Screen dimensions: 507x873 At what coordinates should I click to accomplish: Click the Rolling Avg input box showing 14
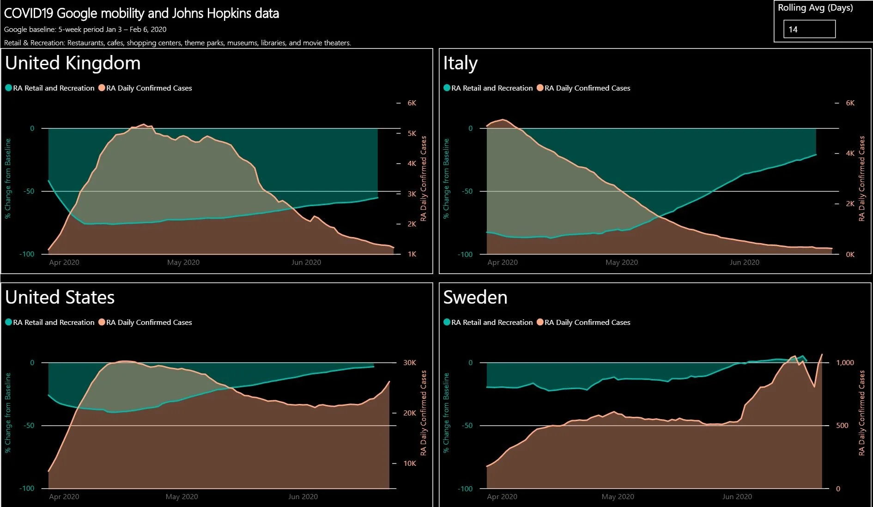point(809,29)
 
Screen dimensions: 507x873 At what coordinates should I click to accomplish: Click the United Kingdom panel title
point(73,63)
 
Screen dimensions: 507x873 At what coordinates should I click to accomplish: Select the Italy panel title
point(460,63)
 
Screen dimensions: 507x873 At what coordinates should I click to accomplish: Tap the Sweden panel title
point(475,297)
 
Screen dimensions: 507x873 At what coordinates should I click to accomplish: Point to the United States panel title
point(60,297)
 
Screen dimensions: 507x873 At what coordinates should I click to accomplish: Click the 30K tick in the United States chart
point(409,363)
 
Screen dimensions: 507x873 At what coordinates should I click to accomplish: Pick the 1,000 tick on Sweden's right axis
point(845,363)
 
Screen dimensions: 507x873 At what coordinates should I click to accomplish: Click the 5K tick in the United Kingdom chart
point(412,134)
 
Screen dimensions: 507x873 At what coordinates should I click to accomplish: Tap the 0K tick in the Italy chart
point(849,255)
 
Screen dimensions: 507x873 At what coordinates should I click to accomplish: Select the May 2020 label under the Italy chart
point(621,263)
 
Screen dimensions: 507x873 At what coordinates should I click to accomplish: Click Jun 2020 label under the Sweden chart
point(737,497)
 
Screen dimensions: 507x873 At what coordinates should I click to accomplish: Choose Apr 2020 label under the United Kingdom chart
point(64,263)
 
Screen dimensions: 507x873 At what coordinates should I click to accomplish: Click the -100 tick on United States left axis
point(27,489)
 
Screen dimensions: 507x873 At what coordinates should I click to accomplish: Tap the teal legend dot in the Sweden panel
point(447,322)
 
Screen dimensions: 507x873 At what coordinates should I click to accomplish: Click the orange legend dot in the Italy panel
point(540,88)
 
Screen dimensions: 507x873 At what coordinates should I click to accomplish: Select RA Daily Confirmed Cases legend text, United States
point(149,322)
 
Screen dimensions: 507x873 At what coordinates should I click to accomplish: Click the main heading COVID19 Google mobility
point(141,13)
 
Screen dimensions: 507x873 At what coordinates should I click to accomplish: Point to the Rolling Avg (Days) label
point(815,8)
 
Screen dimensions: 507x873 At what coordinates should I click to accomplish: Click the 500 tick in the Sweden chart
point(842,426)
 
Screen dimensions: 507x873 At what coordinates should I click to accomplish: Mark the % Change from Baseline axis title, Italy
point(446,178)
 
